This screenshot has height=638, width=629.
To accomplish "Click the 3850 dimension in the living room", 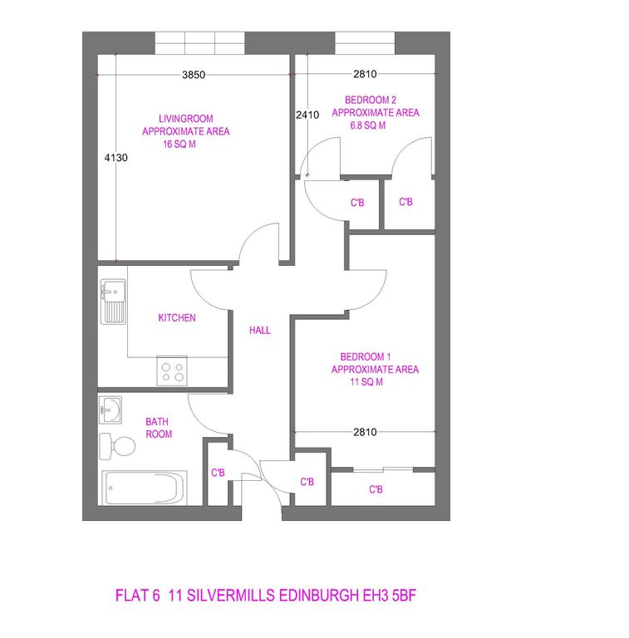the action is (194, 75).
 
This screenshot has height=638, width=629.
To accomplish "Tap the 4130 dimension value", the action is (116, 158).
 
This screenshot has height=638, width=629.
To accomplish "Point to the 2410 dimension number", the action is (307, 115).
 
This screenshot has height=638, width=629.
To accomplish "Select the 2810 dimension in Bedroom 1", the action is (365, 432).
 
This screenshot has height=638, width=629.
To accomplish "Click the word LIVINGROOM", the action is (186, 119).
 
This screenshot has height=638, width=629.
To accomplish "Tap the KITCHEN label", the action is (177, 318).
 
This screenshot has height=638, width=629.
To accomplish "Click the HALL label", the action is (260, 331).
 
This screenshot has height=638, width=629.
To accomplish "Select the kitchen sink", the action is (113, 302).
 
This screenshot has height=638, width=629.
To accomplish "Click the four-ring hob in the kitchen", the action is (172, 371).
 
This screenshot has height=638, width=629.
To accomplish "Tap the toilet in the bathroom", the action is (117, 446).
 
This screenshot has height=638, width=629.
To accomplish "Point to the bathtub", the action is (145, 488).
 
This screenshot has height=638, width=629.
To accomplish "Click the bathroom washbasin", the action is (111, 410).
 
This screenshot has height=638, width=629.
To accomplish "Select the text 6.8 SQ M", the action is (368, 125).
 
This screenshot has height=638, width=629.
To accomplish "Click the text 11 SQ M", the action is (366, 382).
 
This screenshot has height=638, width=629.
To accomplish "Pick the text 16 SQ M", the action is (179, 145).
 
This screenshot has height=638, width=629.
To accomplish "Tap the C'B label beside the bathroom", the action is (218, 473).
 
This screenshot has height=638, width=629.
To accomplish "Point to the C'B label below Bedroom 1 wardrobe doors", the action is (376, 489).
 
